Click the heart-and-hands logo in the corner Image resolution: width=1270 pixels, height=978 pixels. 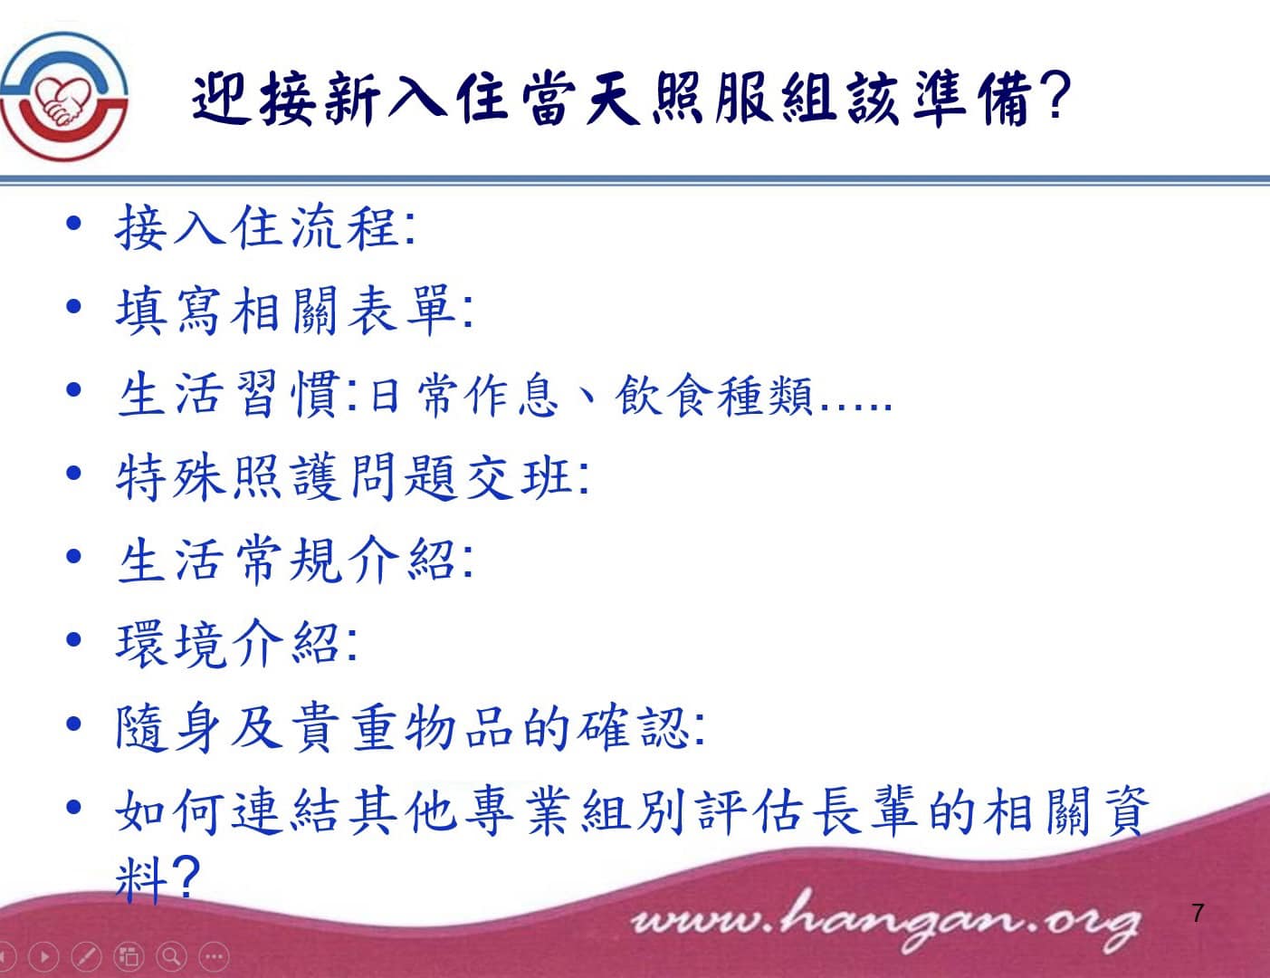point(63,97)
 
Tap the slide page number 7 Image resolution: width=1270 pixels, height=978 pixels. point(1198,913)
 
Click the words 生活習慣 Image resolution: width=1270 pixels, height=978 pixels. point(229,394)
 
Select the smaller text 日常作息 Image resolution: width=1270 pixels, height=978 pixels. point(464,396)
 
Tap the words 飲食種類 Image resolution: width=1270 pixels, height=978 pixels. point(713,396)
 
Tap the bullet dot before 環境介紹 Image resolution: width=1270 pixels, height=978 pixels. point(73,639)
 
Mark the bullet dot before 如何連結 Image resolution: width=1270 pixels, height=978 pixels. point(73,808)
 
